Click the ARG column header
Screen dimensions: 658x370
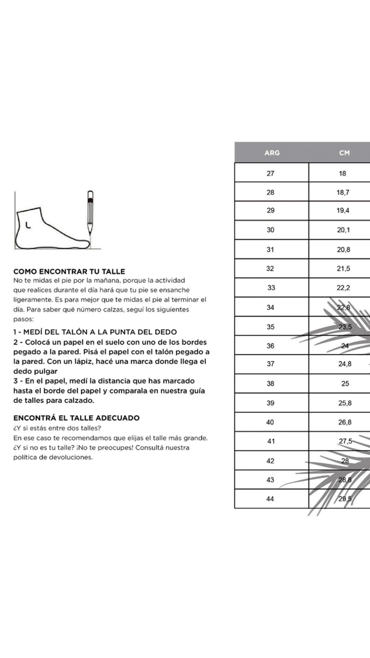coord(272,153)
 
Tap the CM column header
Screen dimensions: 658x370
coord(344,153)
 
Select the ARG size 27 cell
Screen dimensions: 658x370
coord(271,174)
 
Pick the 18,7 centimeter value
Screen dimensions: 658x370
coord(343,193)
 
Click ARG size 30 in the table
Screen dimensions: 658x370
coord(271,230)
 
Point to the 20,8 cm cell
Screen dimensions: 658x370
coord(343,249)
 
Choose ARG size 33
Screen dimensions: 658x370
coord(271,288)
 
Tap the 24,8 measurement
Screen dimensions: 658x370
coord(345,364)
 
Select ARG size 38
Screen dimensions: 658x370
coord(271,384)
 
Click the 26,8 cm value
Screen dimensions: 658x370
coord(345,422)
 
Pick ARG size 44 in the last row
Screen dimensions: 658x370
coord(270,499)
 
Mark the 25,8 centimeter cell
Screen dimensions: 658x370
coord(345,403)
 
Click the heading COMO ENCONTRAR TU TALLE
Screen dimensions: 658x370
coord(69,272)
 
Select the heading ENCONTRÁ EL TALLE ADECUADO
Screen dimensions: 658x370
coord(76,418)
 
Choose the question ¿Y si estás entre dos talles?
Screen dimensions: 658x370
coord(57,428)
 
